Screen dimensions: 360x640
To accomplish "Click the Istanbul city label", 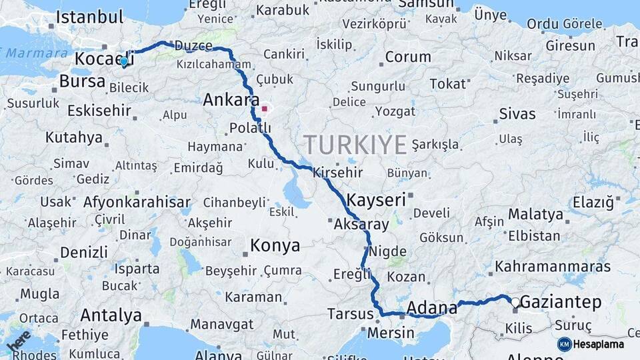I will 89,17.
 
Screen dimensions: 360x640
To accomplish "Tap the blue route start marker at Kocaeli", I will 124,61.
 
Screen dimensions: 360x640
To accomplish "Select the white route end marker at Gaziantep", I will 515,302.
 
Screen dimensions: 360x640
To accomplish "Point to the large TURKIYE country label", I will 355,144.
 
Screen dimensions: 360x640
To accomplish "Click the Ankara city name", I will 231,100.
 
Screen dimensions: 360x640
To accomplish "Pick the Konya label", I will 275,245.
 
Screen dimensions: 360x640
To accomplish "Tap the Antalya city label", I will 111,315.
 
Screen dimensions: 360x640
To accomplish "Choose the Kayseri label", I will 376,199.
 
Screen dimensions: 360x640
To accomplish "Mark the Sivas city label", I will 517,114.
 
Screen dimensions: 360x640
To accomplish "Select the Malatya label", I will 535,214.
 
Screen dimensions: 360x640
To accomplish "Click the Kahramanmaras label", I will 553,267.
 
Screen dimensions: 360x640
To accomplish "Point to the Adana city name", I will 431,307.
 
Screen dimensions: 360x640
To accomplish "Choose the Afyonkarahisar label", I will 137,202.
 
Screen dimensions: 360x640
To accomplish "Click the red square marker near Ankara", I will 265,109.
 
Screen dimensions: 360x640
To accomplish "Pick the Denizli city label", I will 83,253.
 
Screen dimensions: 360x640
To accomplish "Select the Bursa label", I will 82,81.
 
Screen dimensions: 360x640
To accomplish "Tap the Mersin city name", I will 391,331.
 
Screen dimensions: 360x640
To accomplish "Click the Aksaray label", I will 361,224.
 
